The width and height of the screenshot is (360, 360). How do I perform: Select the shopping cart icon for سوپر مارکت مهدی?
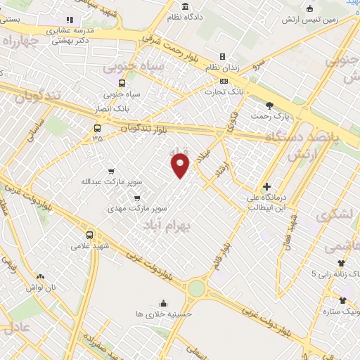137,198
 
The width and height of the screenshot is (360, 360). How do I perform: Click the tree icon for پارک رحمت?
269,105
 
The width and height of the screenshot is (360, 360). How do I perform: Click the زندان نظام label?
222,67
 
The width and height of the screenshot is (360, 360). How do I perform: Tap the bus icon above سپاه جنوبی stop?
122,82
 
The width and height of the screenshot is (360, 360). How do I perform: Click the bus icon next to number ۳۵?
97,128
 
